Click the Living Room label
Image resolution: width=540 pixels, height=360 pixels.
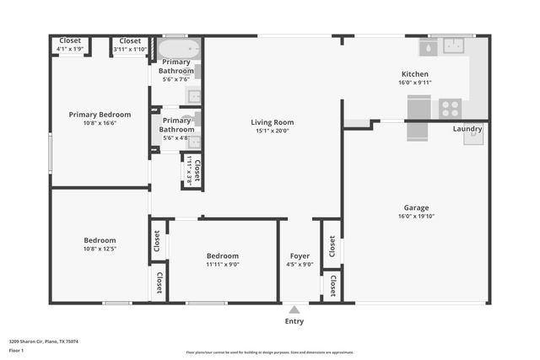pos(272,122)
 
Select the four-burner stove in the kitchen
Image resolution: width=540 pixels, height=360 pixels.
pos(449,108)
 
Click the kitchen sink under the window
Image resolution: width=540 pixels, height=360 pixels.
pos(454,46)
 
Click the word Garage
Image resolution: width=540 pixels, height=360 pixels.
pos(415,207)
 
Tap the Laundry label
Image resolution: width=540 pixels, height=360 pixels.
pos(467,129)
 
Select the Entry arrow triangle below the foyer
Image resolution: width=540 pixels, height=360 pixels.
pos(294,309)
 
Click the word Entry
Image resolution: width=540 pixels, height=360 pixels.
pos(294,321)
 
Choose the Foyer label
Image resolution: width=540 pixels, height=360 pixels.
pos(300,255)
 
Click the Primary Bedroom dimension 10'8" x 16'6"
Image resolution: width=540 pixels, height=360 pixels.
pos(100,123)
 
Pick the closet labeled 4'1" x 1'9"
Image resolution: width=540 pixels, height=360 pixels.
pos(69,49)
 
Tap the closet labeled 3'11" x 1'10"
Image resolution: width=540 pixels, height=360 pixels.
pos(130,49)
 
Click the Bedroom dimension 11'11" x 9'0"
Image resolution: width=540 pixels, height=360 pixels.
pos(223,264)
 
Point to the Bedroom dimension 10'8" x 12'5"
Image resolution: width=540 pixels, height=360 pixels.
pos(100,249)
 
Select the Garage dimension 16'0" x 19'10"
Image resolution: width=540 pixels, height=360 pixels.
pos(415,216)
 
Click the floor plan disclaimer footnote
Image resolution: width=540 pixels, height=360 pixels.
pos(270,352)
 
